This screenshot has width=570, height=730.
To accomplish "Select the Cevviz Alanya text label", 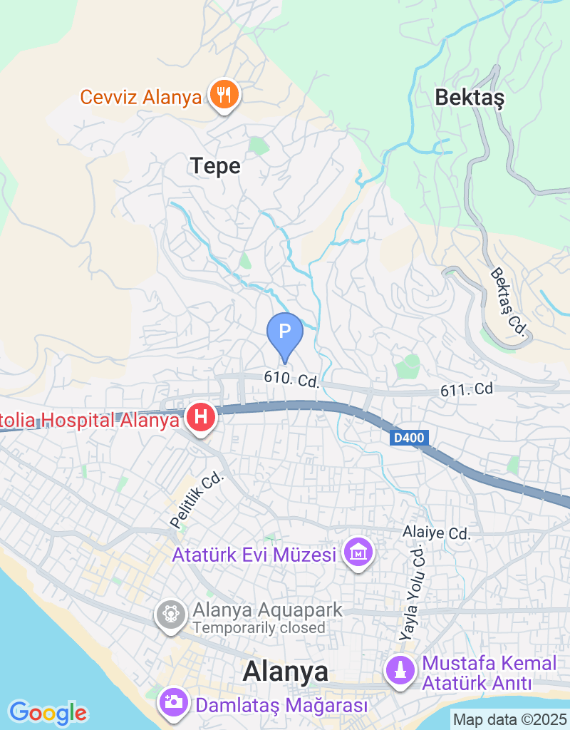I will coord(140,97).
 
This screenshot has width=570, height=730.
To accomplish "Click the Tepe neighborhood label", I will coord(215,166).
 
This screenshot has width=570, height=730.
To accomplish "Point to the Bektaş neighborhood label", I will coord(469,98).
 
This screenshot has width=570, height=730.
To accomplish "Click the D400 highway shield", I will coord(410,439).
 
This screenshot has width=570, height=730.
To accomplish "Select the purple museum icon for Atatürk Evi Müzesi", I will coord(358,552).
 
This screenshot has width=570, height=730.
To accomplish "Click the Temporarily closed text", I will coord(259,628).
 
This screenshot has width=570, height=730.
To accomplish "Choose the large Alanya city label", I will coord(286,671).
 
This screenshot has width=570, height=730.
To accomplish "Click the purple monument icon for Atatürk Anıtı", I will coord(400,670).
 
